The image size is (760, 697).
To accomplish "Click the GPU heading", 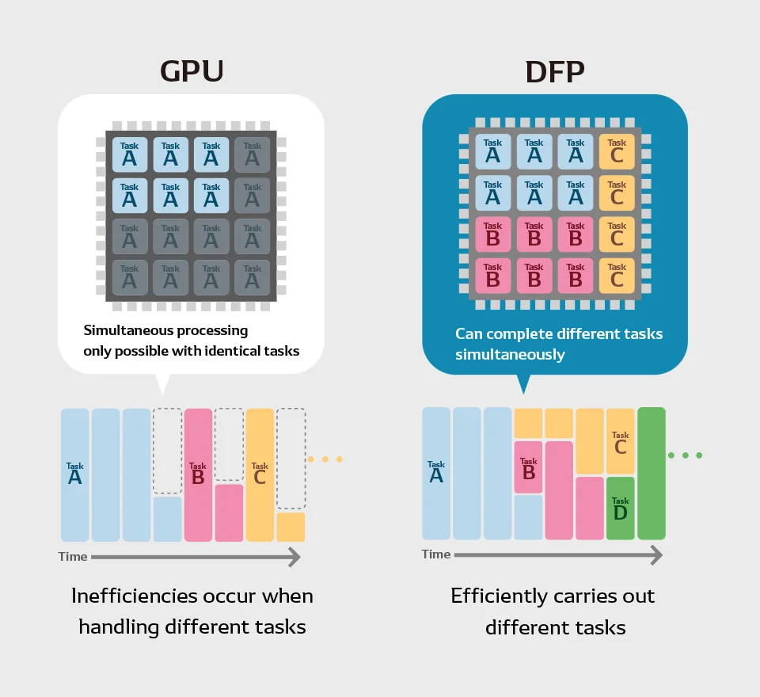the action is click(x=192, y=70).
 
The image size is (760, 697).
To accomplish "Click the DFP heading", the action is click(x=555, y=72).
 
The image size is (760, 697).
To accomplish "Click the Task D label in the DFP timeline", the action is click(x=621, y=508).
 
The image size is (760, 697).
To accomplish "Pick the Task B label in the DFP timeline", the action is click(x=529, y=469).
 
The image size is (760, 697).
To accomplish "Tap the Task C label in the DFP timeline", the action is click(x=621, y=442).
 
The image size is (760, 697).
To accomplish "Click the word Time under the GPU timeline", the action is click(x=73, y=556).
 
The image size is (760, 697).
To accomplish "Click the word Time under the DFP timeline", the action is click(x=436, y=554).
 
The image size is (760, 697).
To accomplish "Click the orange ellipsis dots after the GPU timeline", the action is click(x=325, y=459).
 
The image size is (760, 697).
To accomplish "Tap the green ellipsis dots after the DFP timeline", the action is click(x=686, y=455).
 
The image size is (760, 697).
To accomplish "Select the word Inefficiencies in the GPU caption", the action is click(x=131, y=596).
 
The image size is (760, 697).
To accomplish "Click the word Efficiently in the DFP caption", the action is click(x=499, y=596).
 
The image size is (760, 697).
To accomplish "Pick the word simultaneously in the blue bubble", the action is click(x=510, y=355).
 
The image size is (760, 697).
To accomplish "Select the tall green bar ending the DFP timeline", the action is click(x=652, y=474).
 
